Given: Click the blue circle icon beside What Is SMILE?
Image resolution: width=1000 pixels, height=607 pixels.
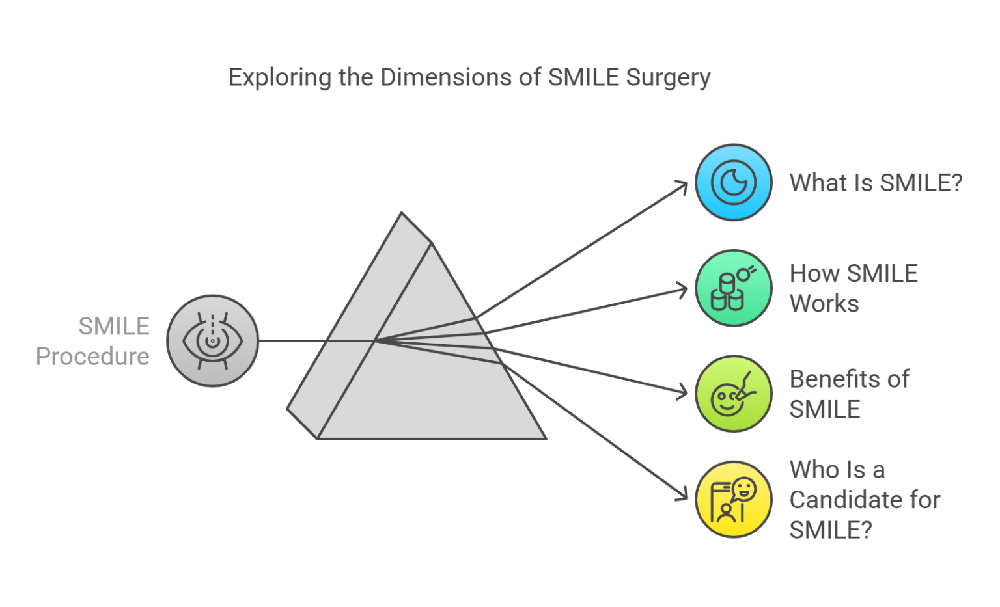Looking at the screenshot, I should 733,182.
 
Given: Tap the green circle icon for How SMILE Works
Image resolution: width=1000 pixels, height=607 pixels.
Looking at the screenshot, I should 733,288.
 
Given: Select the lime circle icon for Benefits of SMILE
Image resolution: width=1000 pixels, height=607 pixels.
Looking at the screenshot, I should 733,394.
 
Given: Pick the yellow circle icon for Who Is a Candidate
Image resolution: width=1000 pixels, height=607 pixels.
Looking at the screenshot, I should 733,500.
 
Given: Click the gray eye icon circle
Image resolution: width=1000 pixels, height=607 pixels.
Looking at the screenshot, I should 212,341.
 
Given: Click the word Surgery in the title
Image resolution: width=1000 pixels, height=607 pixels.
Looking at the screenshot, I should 668,77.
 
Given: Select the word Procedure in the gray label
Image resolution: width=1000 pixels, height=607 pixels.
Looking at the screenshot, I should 92,357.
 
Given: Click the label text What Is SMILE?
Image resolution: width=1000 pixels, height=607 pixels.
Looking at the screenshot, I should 876,183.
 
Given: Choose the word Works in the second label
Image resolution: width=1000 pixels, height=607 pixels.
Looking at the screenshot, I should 824,304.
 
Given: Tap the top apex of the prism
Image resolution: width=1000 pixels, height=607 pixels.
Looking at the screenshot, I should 402,213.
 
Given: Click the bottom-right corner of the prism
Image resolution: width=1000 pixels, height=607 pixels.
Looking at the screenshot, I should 545,438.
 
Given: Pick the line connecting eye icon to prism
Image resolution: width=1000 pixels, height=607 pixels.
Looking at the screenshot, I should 293,340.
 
